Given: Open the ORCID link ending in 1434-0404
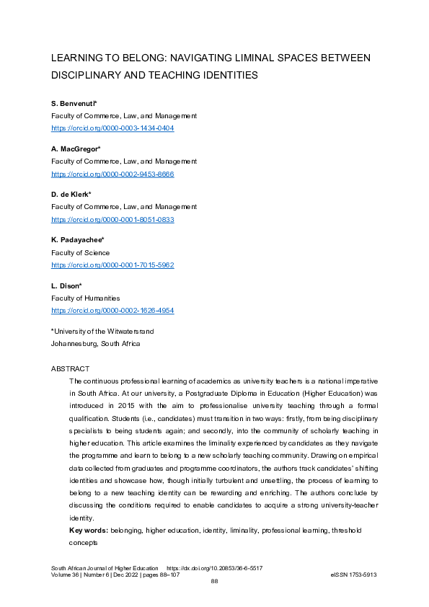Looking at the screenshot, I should (x=112, y=128).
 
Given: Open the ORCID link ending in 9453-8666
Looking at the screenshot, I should (x=112, y=174).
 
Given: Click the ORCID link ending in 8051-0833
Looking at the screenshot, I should (x=112, y=219).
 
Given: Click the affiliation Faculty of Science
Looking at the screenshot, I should (x=80, y=252).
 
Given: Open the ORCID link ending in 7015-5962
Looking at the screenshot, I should (x=112, y=265).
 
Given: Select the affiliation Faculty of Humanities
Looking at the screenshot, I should (x=85, y=298).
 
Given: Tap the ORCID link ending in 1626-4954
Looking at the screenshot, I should (x=112, y=310).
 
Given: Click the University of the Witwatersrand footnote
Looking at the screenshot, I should (x=102, y=332).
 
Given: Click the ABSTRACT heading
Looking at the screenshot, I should (x=70, y=368).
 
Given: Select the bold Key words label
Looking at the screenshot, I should (x=88, y=530).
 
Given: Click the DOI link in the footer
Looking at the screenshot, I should (x=214, y=568).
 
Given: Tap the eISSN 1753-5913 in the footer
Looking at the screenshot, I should (x=353, y=575).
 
